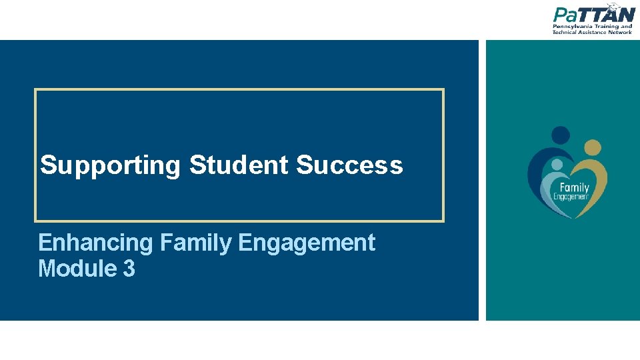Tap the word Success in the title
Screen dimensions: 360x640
coord(349,165)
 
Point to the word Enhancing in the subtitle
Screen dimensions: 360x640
coord(97,243)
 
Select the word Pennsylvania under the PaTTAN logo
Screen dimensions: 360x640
coord(573,27)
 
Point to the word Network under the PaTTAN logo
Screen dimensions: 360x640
coord(619,32)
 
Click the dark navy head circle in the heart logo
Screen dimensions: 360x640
coord(561,135)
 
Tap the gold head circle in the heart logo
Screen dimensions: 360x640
coord(593,147)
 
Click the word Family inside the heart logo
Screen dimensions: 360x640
coord(574,187)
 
